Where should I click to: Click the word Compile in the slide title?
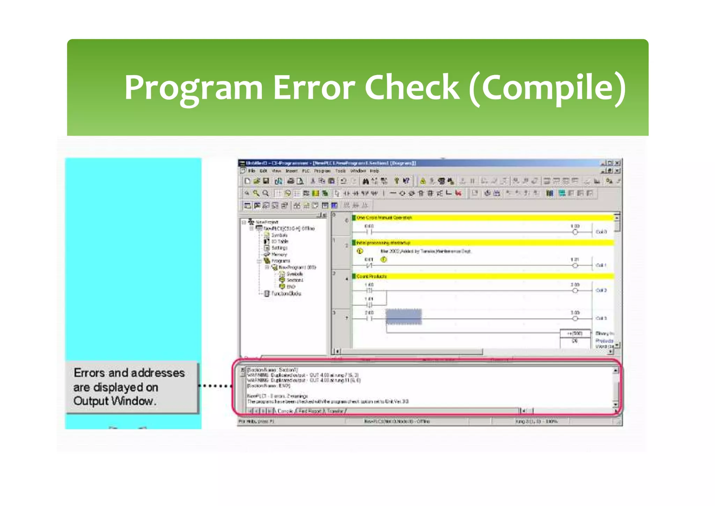point(547,87)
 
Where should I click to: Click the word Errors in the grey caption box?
point(89,373)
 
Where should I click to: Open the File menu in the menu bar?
point(252,171)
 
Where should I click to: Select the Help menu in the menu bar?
point(374,171)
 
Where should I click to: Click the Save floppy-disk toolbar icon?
point(266,181)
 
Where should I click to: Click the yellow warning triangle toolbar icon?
point(423,181)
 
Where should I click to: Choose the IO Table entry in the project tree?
point(279,241)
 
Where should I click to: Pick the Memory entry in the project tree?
point(279,254)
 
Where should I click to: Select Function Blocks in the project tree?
point(286,294)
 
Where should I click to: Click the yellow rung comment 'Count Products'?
point(371,276)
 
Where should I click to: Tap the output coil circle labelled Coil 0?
point(575,232)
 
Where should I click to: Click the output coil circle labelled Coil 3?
point(575,318)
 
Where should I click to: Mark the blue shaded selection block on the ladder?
point(404,317)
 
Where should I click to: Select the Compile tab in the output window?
point(285,411)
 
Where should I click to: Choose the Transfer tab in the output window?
point(335,411)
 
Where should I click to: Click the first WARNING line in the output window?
point(302,375)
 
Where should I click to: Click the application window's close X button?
point(618,163)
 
